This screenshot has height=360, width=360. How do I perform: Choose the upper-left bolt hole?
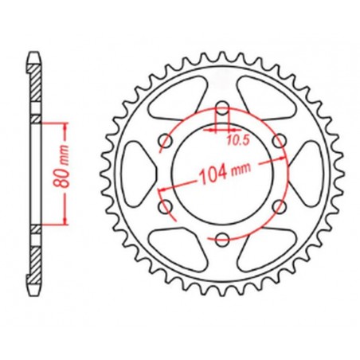point(168,142)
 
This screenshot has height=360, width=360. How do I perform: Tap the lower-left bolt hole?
point(168,206)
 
